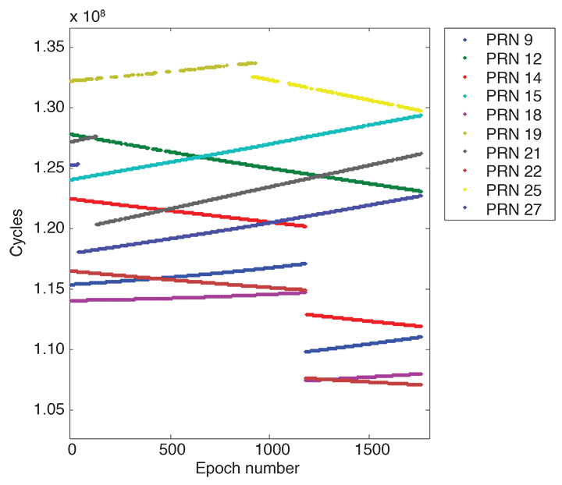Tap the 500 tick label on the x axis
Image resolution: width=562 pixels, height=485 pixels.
point(170,450)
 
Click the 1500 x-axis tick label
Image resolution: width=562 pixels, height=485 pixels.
point(368,450)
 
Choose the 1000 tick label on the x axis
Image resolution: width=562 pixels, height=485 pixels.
point(269,450)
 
